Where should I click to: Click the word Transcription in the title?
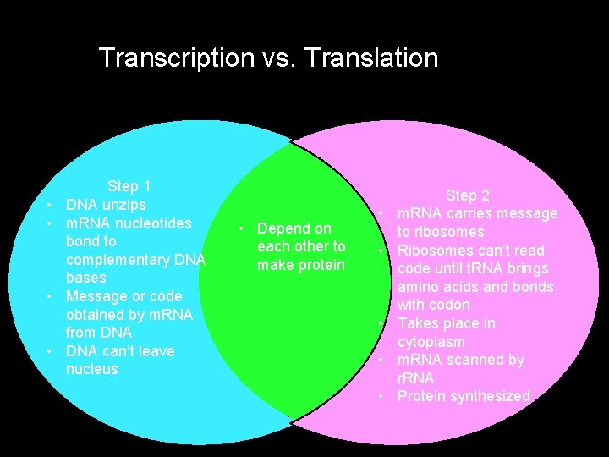[176, 58]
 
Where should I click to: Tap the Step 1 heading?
[129, 186]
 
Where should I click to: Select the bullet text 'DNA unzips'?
[106, 205]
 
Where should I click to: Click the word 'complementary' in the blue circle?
[117, 259]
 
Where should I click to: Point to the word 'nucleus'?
[92, 370]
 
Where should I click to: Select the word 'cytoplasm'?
[431, 342]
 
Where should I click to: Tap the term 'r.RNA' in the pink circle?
[415, 378]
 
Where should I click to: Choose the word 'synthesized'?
[489, 396]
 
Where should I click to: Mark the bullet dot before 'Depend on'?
[242, 229]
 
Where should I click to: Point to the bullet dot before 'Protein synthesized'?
[382, 397]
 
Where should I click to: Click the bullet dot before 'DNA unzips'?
[51, 206]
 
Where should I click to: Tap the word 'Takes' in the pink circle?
[418, 323]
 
